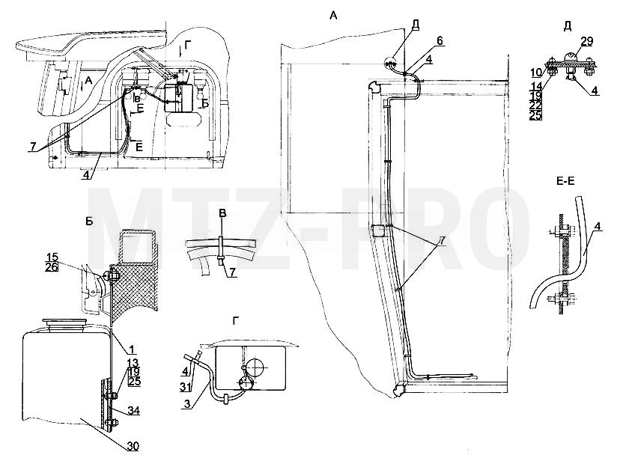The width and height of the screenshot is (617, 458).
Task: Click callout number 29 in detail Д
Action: tap(586, 42)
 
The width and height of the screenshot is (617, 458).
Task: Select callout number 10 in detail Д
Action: tap(536, 73)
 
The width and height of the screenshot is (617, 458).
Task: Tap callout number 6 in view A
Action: tap(440, 41)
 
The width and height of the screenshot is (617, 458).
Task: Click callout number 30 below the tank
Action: tap(133, 447)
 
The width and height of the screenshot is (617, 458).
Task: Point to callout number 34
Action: tap(134, 411)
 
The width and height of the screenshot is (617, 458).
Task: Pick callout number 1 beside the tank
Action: tap(132, 349)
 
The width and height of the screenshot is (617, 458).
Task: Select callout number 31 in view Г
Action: tap(186, 387)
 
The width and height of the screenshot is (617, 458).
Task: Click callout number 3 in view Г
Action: tap(187, 404)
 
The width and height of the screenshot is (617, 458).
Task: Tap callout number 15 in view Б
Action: tap(52, 257)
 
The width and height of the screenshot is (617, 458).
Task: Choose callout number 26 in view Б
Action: tap(52, 267)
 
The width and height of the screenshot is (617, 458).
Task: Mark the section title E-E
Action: tap(565, 181)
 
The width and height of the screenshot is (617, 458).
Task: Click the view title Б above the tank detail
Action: tap(89, 222)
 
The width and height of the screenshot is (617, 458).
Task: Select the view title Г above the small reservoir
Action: tap(235, 322)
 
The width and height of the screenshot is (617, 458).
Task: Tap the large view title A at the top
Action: tap(333, 16)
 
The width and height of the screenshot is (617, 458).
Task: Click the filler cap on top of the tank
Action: tap(65, 323)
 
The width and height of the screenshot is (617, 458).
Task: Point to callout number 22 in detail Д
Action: tap(535, 105)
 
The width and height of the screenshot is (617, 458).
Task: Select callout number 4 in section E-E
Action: tap(598, 227)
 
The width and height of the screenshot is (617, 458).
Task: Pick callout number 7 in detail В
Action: tap(233, 272)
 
